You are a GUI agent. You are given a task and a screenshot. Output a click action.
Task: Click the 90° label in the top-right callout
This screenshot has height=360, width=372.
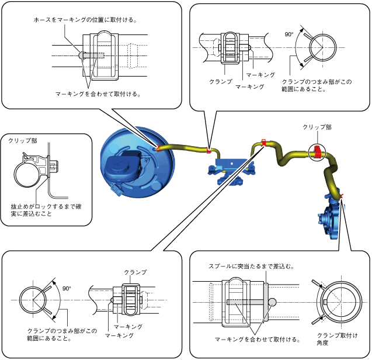(x=288, y=34)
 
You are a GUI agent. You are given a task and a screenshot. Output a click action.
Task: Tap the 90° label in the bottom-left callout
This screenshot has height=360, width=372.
(x=67, y=288)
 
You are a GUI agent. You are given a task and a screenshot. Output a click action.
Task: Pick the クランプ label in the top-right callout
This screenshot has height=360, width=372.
(x=221, y=82)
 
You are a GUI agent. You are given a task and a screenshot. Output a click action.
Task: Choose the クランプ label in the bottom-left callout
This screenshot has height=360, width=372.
(x=135, y=272)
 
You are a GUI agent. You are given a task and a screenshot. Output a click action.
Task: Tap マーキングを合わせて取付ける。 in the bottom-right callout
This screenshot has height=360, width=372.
(x=258, y=339)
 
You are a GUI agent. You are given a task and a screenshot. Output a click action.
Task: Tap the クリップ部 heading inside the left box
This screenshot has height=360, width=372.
(x=23, y=141)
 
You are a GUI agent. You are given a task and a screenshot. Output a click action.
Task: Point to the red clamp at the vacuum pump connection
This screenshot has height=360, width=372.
(x=340, y=196)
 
